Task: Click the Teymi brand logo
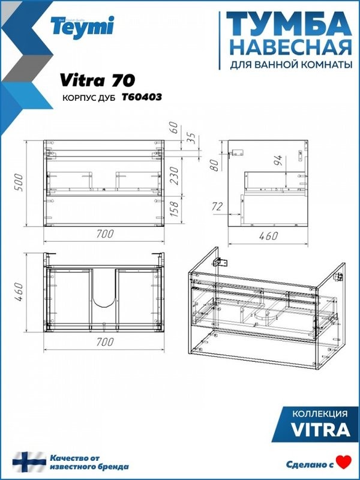pos(91,26)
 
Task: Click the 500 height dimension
pos(19,183)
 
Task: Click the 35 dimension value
pos(193,139)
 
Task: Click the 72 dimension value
pos(217,207)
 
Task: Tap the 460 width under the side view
pos(268,236)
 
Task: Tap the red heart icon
pos(343,462)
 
